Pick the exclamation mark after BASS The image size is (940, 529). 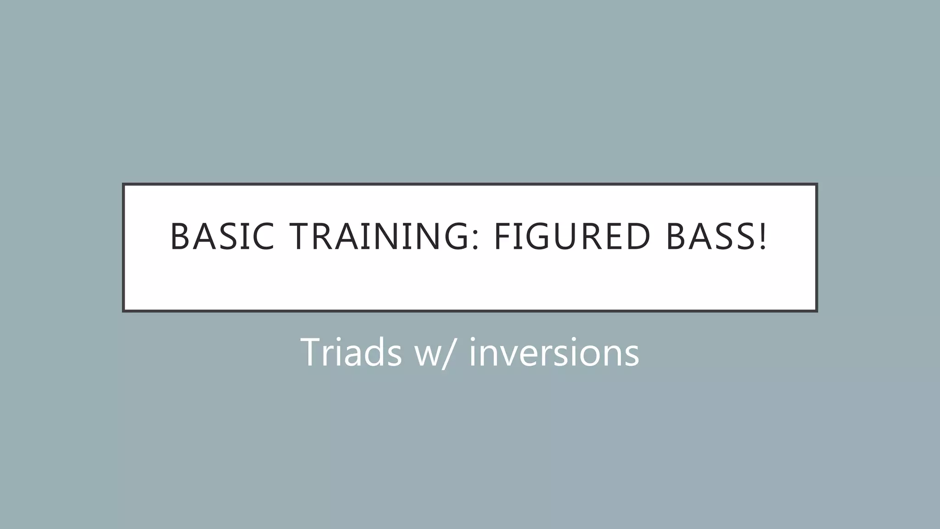(762, 236)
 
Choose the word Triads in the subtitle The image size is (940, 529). (351, 352)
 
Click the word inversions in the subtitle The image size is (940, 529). (554, 352)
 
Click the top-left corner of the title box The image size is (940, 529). (123, 184)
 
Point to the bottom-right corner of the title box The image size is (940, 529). (817, 311)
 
